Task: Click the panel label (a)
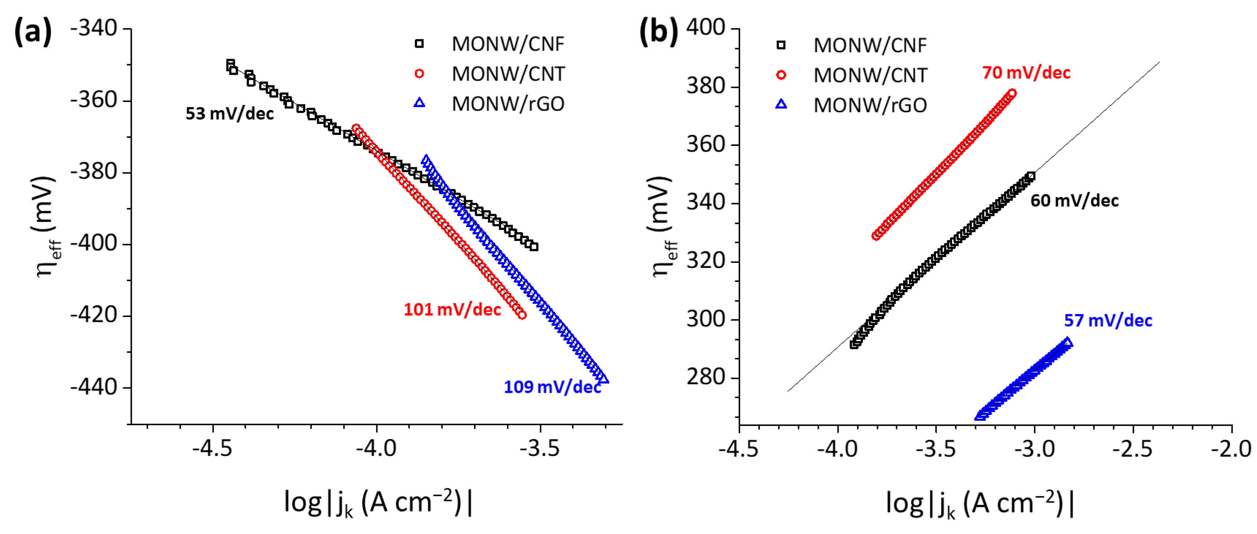(x=33, y=31)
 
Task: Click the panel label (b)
(x=658, y=31)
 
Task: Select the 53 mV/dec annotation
(x=229, y=114)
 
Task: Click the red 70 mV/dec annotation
(x=1026, y=73)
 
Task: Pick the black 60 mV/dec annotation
(x=1074, y=200)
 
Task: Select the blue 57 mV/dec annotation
(x=1108, y=321)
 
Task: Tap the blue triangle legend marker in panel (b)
(x=781, y=104)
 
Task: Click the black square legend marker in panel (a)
(x=419, y=44)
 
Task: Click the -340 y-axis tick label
(x=94, y=28)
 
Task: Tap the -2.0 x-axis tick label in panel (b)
(x=1231, y=449)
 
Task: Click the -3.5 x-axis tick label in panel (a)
(x=540, y=449)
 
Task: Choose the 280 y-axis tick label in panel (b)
(x=706, y=377)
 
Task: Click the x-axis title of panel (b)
(x=979, y=503)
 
